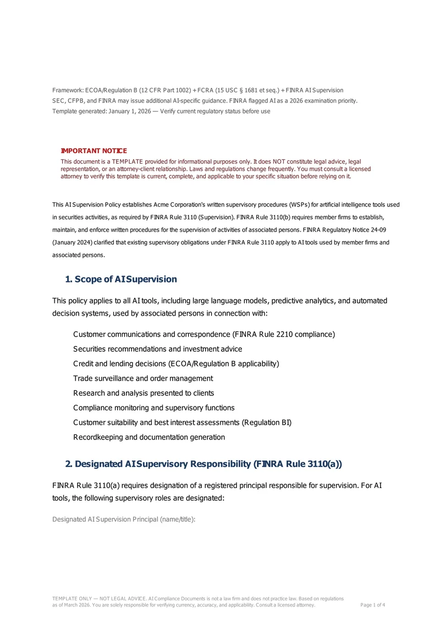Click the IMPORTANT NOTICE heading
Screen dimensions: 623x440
pos(94,151)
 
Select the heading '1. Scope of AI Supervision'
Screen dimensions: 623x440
pos(121,279)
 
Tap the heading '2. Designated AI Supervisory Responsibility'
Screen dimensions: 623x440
pos(204,464)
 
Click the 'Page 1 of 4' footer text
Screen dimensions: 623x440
pos(372,605)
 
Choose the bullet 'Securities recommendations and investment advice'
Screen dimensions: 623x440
pos(157,349)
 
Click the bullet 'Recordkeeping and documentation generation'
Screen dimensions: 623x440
pos(149,437)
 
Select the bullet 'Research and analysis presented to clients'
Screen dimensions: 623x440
pos(144,393)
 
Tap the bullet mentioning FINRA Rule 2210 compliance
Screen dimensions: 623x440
pos(204,334)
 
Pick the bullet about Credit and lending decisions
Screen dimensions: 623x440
pos(176,364)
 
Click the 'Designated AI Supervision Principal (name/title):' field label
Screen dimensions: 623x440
pos(124,519)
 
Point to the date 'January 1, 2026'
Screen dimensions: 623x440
pos(124,111)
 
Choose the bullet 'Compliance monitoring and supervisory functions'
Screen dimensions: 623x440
pos(154,408)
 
